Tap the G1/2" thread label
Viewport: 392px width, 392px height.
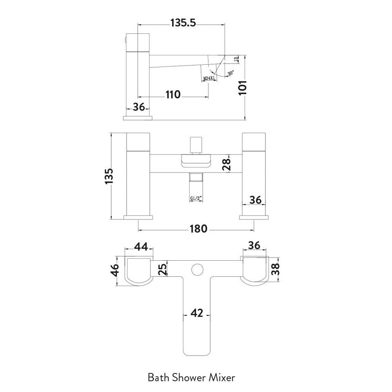pos(196,198)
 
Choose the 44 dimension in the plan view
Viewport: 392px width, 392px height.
pos(141,247)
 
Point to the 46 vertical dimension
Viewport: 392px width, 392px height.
pos(115,271)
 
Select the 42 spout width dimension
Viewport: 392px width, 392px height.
pos(197,313)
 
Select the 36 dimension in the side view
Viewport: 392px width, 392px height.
pos(139,107)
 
